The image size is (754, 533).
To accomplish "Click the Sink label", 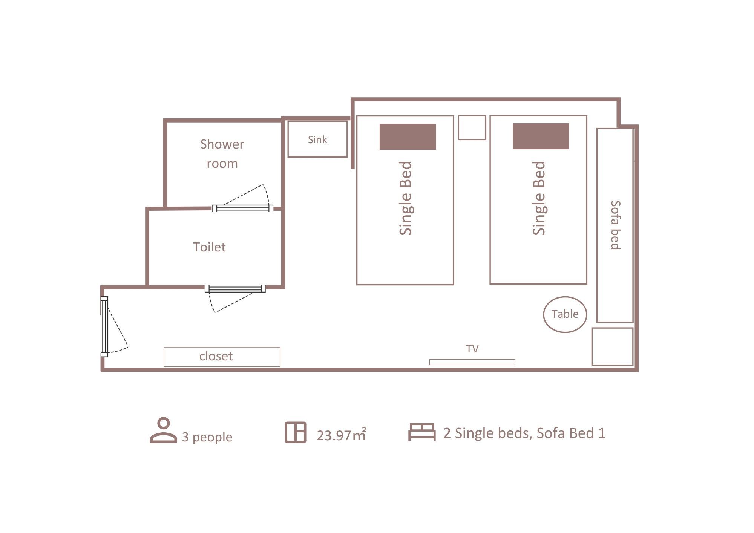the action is click(x=317, y=140).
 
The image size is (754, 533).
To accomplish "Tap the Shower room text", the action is click(x=222, y=154).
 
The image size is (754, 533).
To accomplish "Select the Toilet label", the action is click(x=209, y=247).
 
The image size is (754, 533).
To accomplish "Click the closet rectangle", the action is click(x=222, y=357).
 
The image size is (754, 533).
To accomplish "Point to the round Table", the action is click(x=565, y=314).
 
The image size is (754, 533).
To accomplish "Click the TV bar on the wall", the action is click(x=472, y=362).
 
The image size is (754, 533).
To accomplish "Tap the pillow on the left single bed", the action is click(x=408, y=136).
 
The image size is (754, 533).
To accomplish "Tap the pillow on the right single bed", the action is click(x=541, y=136).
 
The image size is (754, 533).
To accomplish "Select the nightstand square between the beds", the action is click(x=472, y=127).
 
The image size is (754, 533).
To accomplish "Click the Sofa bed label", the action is click(x=615, y=225).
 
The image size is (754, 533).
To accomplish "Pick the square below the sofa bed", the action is click(x=612, y=346).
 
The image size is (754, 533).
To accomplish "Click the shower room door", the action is click(x=242, y=208).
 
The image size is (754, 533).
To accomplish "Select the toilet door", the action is click(x=235, y=289).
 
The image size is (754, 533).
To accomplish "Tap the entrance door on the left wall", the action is click(x=104, y=326).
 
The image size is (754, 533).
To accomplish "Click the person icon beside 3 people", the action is click(x=164, y=430).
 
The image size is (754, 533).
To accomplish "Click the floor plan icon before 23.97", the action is click(x=295, y=432).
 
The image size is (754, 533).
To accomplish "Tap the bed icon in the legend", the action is click(x=422, y=432).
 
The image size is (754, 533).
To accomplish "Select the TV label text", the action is click(x=472, y=349).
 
